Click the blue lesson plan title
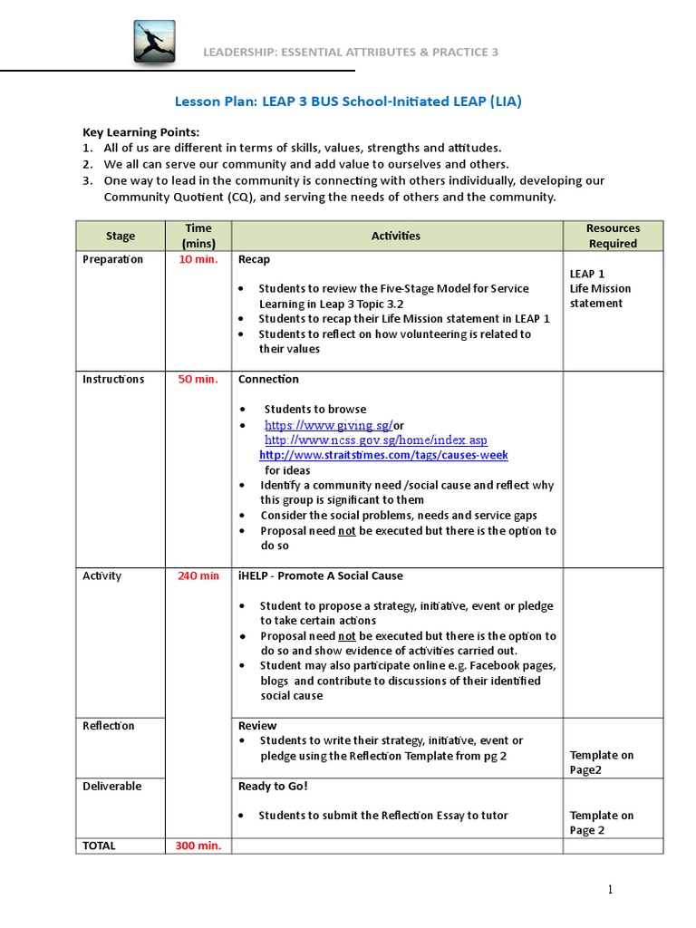[x=348, y=101]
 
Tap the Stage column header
[x=121, y=236]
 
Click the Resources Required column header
[x=613, y=236]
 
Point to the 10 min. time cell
[x=198, y=259]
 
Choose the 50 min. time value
[x=198, y=379]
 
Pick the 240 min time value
[x=198, y=575]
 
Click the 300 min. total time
[x=198, y=846]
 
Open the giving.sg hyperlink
[x=328, y=425]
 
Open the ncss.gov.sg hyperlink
[x=375, y=440]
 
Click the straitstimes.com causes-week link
[x=383, y=455]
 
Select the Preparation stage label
[x=112, y=259]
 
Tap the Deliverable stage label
[x=112, y=786]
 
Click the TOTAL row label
[x=100, y=846]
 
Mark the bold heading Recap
[x=254, y=259]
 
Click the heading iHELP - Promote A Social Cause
[x=320, y=575]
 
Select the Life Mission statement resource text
[x=600, y=295]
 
